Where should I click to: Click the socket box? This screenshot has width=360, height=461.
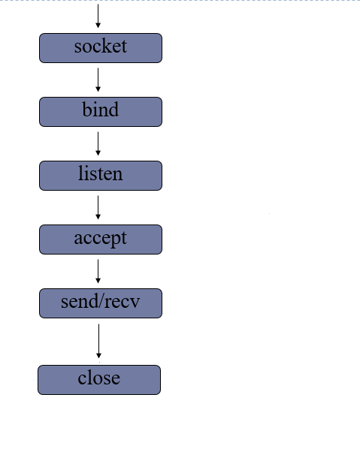pos(100,48)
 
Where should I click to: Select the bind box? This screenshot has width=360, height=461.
pos(100,112)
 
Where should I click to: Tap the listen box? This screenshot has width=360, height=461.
pos(100,176)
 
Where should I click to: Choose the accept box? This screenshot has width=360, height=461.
pos(100,240)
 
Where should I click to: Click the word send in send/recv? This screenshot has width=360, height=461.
pos(79,303)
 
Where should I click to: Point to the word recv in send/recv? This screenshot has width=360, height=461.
pos(123,303)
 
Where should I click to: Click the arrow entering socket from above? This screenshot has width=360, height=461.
pos(98,15)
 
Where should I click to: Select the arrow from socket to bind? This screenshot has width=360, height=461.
pos(98,80)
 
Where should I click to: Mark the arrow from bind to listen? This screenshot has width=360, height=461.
pos(98,143)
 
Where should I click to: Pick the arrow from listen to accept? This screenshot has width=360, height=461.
pos(98,207)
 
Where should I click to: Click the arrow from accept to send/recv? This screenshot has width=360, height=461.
pos(98,271)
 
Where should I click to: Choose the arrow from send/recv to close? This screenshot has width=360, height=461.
pos(98,341)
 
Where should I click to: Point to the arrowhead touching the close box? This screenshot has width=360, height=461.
pos(98,355)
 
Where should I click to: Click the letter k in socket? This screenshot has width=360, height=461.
pos(108,47)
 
